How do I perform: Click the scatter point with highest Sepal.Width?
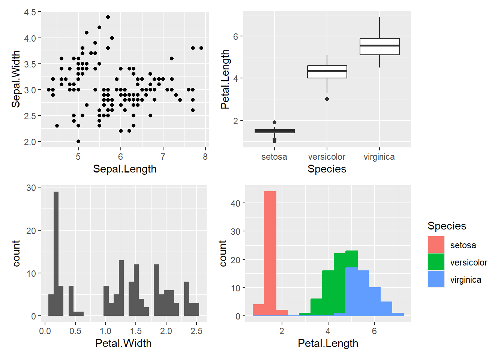pyautogui.click(x=108, y=17)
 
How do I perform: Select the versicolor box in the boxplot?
pyautogui.click(x=327, y=72)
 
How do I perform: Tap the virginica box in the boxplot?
pyautogui.click(x=379, y=47)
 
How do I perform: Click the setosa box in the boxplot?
pyautogui.click(x=274, y=131)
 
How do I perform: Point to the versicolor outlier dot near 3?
pyautogui.click(x=327, y=99)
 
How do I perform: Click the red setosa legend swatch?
pyautogui.click(x=436, y=244)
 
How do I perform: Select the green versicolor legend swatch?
pyautogui.click(x=436, y=262)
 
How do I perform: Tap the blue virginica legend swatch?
pyautogui.click(x=436, y=279)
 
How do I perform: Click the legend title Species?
pyautogui.click(x=447, y=226)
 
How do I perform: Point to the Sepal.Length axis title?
pyautogui.click(x=124, y=169)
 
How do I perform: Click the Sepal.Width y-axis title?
pyautogui.click(x=16, y=79)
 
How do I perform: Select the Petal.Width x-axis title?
pyautogui.click(x=123, y=343)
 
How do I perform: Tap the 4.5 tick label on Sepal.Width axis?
pyautogui.click(x=30, y=12)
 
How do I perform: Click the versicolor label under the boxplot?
pyautogui.click(x=327, y=157)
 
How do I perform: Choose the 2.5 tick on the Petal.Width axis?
pyautogui.click(x=196, y=331)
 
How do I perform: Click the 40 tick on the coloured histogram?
pyautogui.click(x=235, y=203)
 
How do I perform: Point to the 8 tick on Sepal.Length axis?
pyautogui.click(x=205, y=157)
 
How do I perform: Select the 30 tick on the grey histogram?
pyautogui.click(x=31, y=187)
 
